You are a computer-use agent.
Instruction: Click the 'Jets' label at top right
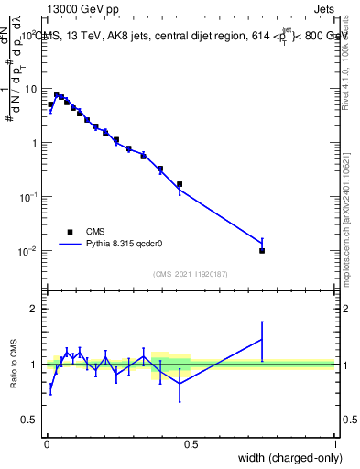322,10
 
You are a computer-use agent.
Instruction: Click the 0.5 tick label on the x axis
191,443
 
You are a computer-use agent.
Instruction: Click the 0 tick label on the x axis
46,443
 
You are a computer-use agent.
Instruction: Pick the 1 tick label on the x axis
335,443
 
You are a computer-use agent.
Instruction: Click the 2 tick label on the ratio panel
36,309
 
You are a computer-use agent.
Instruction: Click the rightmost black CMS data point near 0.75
262,250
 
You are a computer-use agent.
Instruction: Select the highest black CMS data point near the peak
56,94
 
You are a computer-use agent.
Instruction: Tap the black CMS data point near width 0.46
180,184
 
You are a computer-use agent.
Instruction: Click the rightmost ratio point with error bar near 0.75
262,339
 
